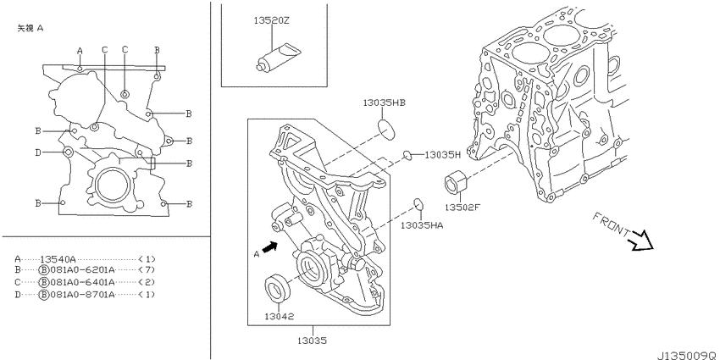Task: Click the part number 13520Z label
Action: point(271,20)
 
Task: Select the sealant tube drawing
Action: point(276,57)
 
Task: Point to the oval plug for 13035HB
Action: point(388,129)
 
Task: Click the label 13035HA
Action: point(422,225)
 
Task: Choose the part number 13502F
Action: point(462,207)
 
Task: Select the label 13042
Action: point(279,316)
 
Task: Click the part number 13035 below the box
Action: point(313,341)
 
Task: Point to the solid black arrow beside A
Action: point(271,248)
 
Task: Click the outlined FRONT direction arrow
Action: point(641,241)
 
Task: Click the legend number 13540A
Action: point(58,258)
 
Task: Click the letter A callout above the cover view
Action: point(80,50)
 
